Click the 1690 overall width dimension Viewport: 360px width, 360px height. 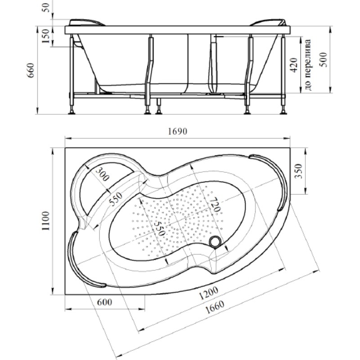(177, 131)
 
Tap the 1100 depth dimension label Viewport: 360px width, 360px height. (45, 221)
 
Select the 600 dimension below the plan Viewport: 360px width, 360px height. (105, 302)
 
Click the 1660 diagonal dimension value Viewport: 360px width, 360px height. (214, 307)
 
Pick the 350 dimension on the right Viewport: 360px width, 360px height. (298, 171)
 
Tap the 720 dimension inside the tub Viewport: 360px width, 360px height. (215, 205)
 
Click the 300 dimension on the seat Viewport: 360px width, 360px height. (102, 174)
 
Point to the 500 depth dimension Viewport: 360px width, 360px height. (324, 59)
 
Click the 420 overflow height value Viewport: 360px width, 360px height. (294, 65)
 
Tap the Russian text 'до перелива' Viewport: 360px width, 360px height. (308, 65)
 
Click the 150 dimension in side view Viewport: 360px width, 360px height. (45, 36)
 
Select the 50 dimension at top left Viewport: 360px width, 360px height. (46, 8)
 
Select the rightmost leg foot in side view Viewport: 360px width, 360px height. (283, 112)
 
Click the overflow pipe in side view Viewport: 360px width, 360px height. (213, 64)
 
